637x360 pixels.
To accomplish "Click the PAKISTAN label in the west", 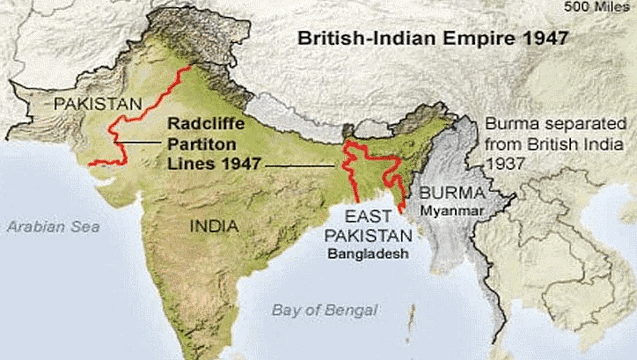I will [97, 105].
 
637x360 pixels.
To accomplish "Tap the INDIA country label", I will [214, 226].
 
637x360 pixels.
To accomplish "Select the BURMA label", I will [450, 193].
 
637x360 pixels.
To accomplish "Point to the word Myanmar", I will [451, 211].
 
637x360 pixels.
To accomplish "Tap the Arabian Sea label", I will [54, 226].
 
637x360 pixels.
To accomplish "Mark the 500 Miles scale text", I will [601, 8].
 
